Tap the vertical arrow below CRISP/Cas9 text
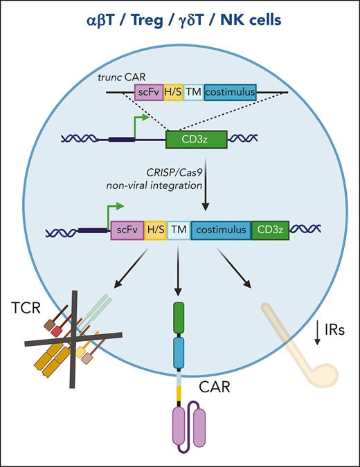pyautogui.click(x=205, y=188)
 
